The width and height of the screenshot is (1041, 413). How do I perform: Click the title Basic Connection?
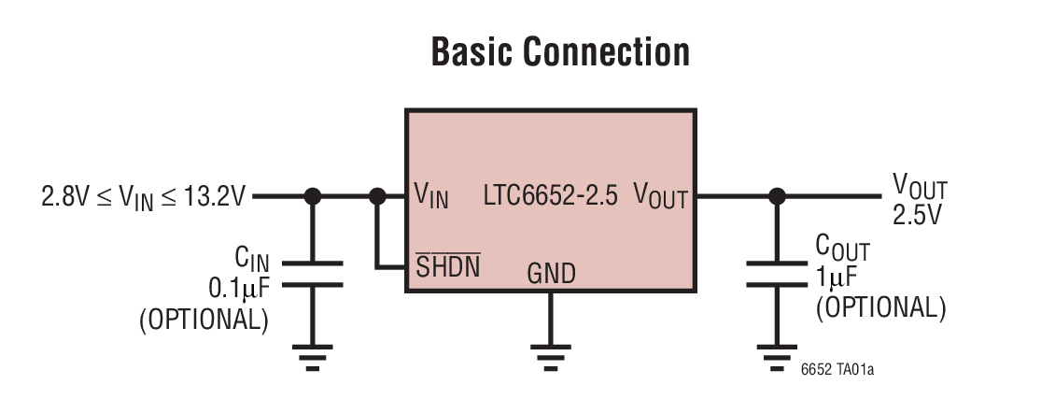tap(560, 53)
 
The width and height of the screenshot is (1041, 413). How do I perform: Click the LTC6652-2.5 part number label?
tap(550, 196)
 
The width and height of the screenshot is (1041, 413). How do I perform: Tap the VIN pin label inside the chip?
tap(430, 196)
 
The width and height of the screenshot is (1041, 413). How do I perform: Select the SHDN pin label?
tap(447, 268)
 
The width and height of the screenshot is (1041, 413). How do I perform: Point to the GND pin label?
tap(551, 274)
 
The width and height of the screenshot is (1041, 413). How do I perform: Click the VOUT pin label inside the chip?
tap(660, 196)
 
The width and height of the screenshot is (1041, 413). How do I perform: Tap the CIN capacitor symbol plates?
tap(313, 274)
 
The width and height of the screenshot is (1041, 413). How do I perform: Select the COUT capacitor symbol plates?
tap(775, 274)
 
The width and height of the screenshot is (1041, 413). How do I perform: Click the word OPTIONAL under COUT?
tap(880, 306)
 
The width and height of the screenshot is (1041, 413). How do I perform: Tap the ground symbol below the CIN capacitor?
tap(313, 354)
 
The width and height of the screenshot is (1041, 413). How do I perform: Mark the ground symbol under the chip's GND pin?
tap(551, 354)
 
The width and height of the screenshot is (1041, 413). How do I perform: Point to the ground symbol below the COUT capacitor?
tap(775, 354)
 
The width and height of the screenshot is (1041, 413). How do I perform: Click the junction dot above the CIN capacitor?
tap(313, 196)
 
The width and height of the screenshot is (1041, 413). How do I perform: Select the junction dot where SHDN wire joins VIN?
tap(377, 196)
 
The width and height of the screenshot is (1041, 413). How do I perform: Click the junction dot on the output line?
tap(775, 196)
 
